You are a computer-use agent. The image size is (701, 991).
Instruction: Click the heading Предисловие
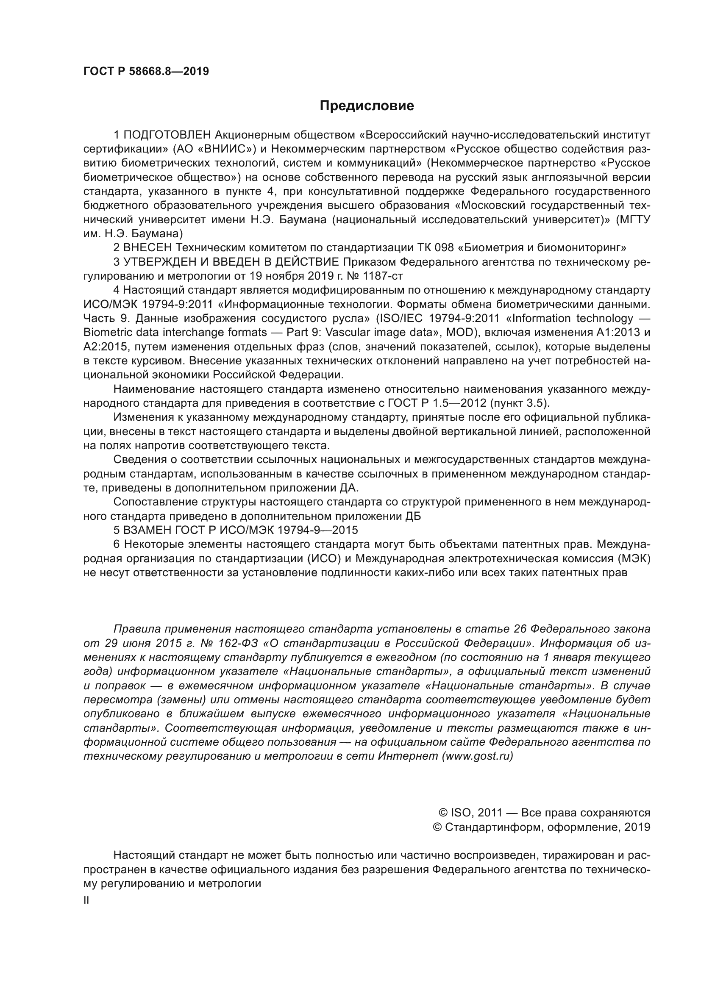click(x=367, y=106)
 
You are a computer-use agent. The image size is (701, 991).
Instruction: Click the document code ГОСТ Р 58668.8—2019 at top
click(x=146, y=72)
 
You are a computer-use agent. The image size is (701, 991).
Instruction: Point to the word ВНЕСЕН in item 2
click(x=147, y=248)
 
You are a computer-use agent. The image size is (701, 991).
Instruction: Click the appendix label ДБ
click(x=413, y=516)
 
